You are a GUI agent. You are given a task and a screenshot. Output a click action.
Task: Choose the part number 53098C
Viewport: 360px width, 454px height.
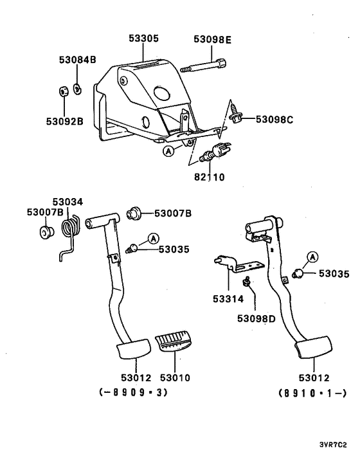pyautogui.click(x=275, y=119)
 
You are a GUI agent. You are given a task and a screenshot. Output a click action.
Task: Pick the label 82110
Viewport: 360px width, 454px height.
pyautogui.click(x=206, y=176)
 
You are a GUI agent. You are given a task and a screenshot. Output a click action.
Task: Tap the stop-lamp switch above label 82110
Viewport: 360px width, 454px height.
pyautogui.click(x=211, y=154)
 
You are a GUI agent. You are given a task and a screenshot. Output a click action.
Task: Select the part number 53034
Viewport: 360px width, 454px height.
pyautogui.click(x=67, y=202)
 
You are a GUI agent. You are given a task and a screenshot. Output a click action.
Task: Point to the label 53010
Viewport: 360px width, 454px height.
pyautogui.click(x=174, y=377)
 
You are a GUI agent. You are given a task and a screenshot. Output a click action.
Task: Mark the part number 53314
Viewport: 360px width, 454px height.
pyautogui.click(x=229, y=300)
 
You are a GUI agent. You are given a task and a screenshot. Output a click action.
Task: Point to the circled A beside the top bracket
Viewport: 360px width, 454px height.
pyautogui.click(x=168, y=152)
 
